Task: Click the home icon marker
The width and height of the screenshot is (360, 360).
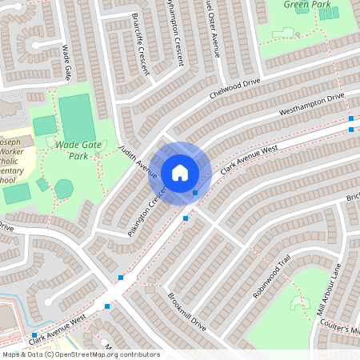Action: (180, 173)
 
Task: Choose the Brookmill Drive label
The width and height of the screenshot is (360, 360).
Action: (187, 312)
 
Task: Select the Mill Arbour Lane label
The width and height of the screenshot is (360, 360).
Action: (330, 288)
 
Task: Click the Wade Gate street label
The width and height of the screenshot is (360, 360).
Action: (66, 62)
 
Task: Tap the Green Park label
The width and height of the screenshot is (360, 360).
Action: (306, 4)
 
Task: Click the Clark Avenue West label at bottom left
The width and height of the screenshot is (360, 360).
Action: (56, 330)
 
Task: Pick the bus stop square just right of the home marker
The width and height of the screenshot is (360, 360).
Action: (195, 192)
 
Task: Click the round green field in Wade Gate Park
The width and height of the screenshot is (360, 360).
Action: (64, 189)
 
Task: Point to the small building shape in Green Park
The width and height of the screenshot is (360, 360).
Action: (283, 33)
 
